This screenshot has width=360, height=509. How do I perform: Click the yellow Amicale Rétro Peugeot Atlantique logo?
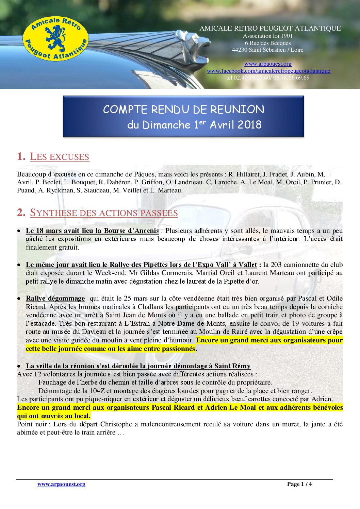click(x=55, y=39)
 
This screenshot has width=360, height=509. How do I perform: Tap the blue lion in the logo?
click(x=55, y=37)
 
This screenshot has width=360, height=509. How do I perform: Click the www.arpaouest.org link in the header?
click(x=268, y=64)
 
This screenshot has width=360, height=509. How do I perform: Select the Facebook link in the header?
click(x=268, y=71)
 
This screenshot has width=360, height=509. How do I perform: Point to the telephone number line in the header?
click(x=268, y=78)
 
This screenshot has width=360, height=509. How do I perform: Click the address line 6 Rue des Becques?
click(x=268, y=43)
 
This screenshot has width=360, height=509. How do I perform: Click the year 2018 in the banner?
click(x=249, y=124)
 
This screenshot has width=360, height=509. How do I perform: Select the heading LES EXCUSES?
click(x=60, y=157)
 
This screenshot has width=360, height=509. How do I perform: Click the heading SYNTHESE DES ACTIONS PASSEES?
click(x=104, y=213)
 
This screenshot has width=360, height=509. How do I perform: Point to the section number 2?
click(x=21, y=213)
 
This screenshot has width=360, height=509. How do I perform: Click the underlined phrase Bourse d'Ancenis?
click(x=131, y=231)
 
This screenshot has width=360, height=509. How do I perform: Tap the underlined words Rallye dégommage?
click(x=55, y=298)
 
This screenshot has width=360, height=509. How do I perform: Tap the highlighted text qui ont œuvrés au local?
click(x=54, y=416)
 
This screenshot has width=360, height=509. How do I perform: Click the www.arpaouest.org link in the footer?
click(x=61, y=484)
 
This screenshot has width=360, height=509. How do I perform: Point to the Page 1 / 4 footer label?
click(x=299, y=484)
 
